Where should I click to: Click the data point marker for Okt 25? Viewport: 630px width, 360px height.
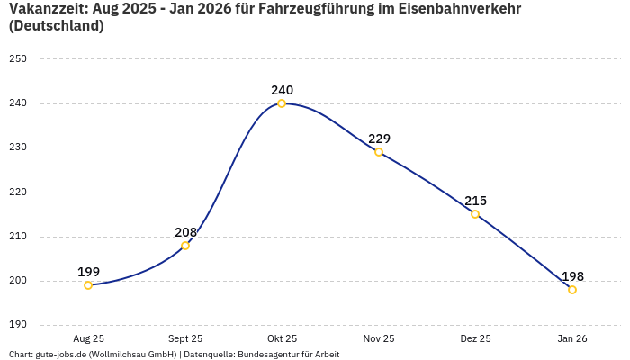pyautogui.click(x=282, y=103)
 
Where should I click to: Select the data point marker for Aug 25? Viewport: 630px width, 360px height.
pyautogui.click(x=88, y=285)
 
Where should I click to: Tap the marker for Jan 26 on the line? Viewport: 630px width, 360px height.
pyautogui.click(x=572, y=290)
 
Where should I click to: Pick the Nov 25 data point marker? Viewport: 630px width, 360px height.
pyautogui.click(x=379, y=152)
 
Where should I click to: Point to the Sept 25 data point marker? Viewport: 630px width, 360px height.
pyautogui.click(x=185, y=246)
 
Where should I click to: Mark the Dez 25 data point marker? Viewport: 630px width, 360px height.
pyautogui.click(x=475, y=214)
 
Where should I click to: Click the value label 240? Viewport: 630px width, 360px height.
pyautogui.click(x=282, y=90)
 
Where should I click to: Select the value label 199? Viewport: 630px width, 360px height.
pyautogui.click(x=88, y=272)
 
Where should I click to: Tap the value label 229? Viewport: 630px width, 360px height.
pyautogui.click(x=379, y=139)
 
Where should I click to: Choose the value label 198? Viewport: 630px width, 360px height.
pyautogui.click(x=572, y=276)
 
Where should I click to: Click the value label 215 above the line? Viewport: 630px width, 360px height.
pyautogui.click(x=475, y=201)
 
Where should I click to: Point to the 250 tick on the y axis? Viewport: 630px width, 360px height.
pyautogui.click(x=18, y=59)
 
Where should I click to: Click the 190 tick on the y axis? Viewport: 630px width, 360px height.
pyautogui.click(x=18, y=325)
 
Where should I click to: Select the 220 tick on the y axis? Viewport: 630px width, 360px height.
pyautogui.click(x=18, y=193)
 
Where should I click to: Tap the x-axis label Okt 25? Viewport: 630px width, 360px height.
pyautogui.click(x=282, y=338)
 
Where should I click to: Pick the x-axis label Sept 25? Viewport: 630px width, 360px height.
pyautogui.click(x=185, y=338)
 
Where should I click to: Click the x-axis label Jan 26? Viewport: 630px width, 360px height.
pyautogui.click(x=572, y=338)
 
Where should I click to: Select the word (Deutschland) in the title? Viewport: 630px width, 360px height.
pyautogui.click(x=56, y=26)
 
